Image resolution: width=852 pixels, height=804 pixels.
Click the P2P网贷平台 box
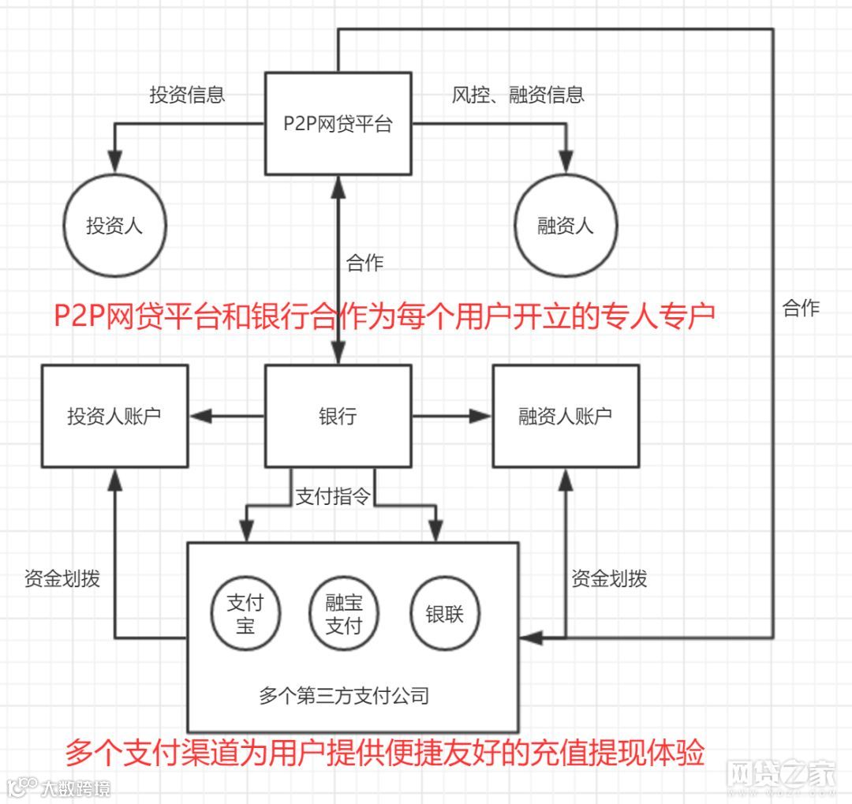(x=338, y=123)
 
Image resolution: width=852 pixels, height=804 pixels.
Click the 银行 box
(x=338, y=416)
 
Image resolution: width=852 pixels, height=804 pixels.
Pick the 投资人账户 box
(x=114, y=416)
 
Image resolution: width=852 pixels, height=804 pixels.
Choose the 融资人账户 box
(x=565, y=416)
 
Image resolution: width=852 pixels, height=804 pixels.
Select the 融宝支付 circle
(x=344, y=615)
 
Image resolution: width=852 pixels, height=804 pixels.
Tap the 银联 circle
(x=444, y=615)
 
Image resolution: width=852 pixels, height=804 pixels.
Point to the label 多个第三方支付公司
(x=344, y=695)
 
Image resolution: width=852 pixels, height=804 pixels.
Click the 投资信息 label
(x=188, y=95)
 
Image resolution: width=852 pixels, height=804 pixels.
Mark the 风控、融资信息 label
(x=518, y=95)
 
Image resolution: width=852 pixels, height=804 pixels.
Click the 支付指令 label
(x=332, y=497)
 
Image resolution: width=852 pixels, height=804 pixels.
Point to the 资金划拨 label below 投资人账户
(x=62, y=578)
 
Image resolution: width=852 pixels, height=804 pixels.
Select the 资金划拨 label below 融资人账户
(x=609, y=578)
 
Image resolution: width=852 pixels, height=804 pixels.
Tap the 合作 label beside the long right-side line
(x=801, y=308)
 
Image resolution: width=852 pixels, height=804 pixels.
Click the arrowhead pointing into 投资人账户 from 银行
(x=197, y=416)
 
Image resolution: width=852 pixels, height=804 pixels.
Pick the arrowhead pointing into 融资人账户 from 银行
(x=480, y=416)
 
